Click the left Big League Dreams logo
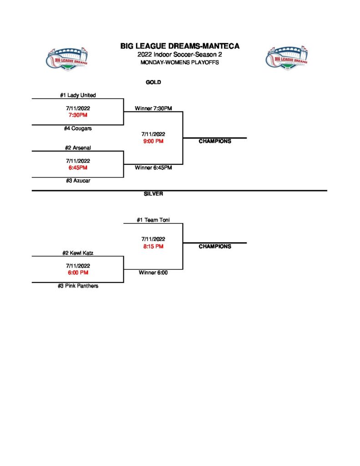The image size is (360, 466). pos(67,58)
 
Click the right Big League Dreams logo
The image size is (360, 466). pos(286,58)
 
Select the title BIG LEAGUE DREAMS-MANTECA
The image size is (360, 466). pos(180,46)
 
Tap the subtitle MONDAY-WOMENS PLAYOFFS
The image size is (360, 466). pos(180,62)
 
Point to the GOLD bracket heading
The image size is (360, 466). pos(153,82)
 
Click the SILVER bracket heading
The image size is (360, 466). pos(153,194)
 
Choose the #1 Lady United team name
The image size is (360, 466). pos(78,95)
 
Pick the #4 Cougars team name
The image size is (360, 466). pos(78,128)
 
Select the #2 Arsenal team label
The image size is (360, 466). pos(78,148)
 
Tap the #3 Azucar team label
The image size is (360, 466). pos(78,181)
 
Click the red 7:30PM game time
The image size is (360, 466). pos(77,115)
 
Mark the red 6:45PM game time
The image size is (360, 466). pos(77,168)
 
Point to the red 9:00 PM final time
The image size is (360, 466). pos(153,141)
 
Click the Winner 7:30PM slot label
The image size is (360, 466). pos(153,108)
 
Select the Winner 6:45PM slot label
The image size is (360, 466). pos(153,168)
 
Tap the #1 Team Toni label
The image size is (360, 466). pos(153,220)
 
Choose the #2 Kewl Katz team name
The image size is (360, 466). pos(78,253)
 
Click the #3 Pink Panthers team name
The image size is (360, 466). pos(78,286)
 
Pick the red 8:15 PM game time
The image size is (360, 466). pos(153,246)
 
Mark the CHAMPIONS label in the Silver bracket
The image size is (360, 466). pos(215,246)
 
